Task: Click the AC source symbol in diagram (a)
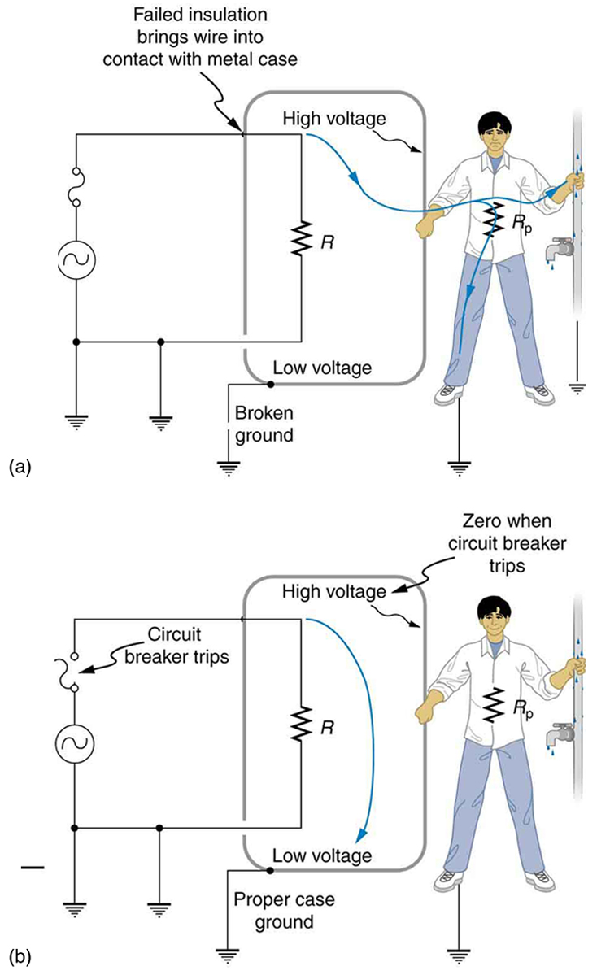click(x=76, y=261)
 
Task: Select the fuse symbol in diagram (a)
click(x=76, y=188)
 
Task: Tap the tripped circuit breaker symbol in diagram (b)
click(x=76, y=672)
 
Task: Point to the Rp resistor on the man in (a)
click(x=490, y=220)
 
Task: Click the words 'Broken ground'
click(x=264, y=423)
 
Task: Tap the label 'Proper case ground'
click(x=272, y=910)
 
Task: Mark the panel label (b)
click(x=19, y=957)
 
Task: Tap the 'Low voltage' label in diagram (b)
click(x=322, y=855)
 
